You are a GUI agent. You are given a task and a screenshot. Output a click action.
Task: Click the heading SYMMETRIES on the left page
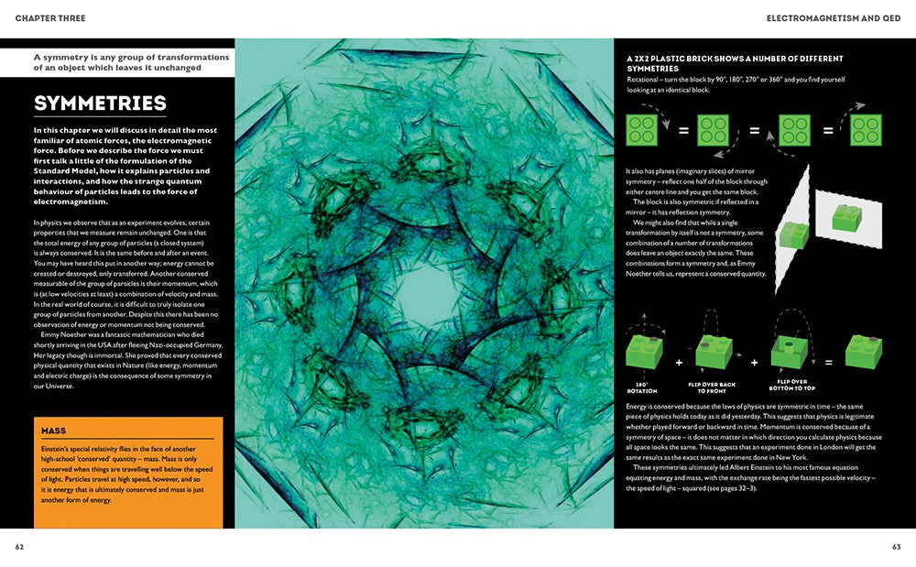point(100,104)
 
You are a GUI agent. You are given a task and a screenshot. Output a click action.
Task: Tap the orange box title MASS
point(54,430)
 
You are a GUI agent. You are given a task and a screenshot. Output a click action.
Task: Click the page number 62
point(19,546)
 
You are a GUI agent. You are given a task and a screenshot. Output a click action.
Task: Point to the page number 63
point(896,546)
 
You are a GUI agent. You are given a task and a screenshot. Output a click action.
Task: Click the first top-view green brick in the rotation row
point(642,129)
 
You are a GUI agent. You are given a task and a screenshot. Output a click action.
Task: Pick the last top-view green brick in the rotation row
point(866,129)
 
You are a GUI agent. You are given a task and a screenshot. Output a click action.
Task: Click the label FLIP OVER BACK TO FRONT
point(714,388)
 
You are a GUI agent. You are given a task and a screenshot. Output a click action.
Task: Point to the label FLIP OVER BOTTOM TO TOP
point(792,388)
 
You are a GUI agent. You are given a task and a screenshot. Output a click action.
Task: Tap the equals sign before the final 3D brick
point(827,363)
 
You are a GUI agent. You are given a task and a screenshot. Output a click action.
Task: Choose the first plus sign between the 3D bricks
point(679,363)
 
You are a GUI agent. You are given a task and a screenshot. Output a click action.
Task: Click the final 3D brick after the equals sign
point(864,353)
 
